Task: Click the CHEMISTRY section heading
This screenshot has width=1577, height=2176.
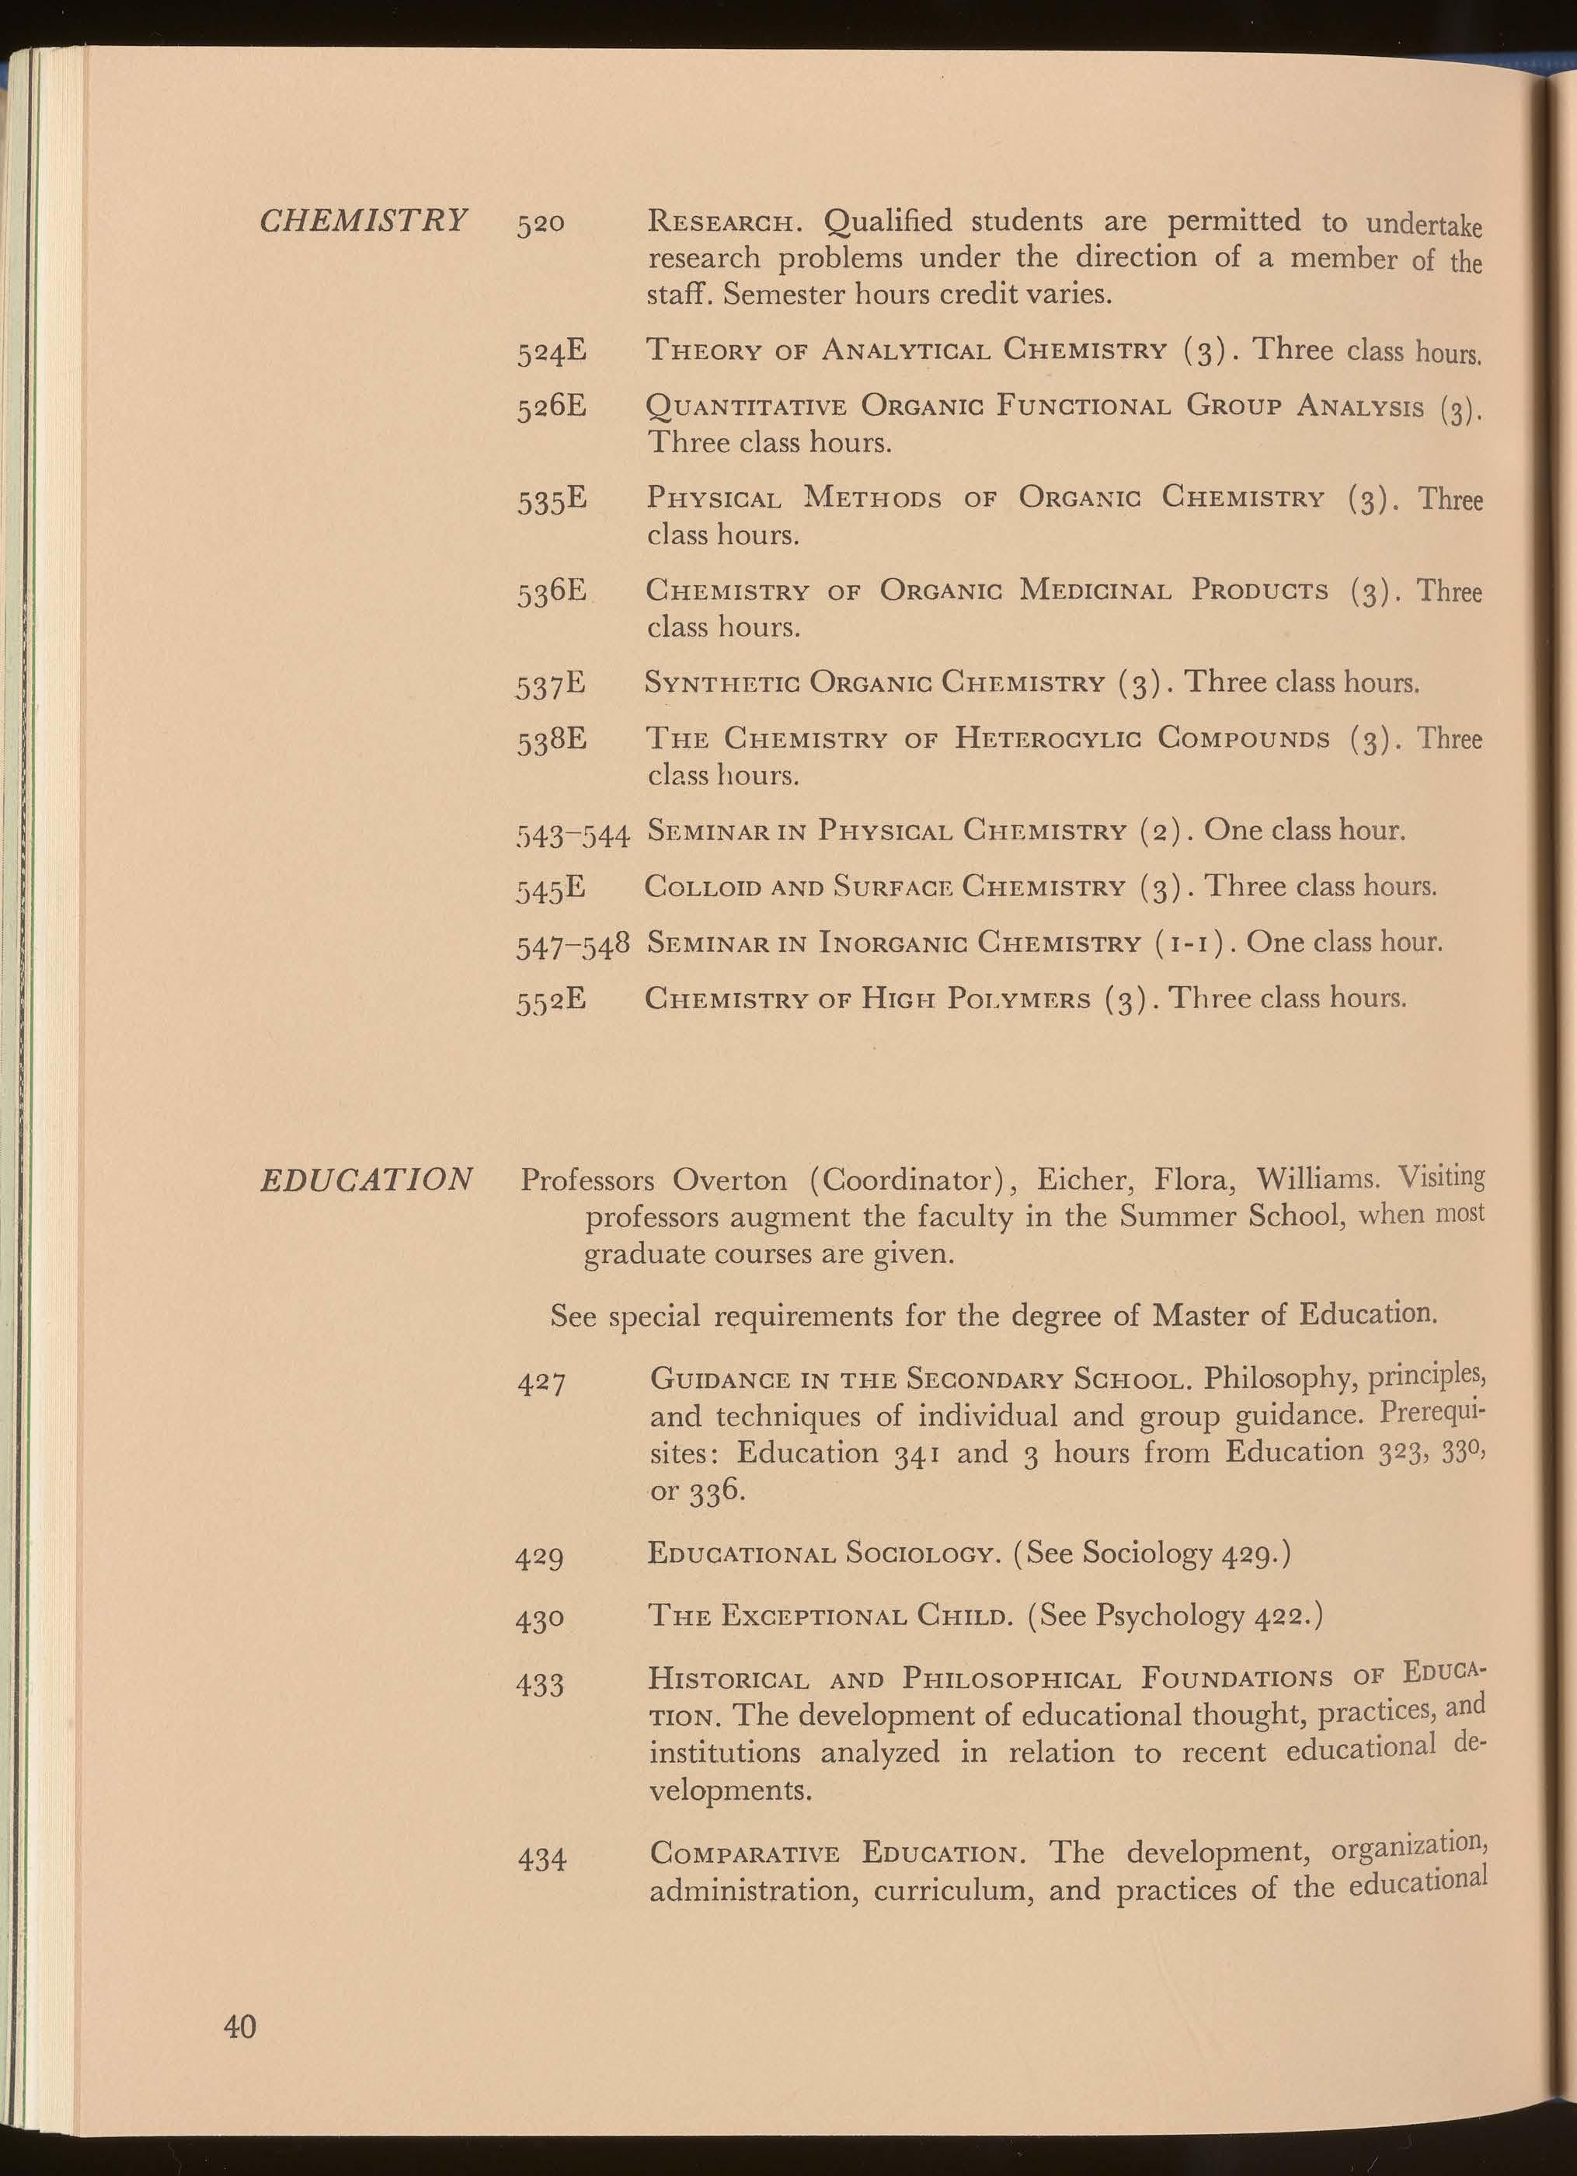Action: (364, 221)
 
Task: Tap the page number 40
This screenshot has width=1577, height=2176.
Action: (240, 2026)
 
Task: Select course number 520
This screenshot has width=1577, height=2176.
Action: (541, 225)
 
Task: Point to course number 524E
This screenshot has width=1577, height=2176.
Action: (552, 351)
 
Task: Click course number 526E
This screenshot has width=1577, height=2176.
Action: (552, 406)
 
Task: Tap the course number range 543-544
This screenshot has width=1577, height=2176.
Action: (573, 834)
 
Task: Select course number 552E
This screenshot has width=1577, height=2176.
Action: (552, 1001)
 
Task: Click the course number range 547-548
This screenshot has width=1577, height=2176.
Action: (573, 945)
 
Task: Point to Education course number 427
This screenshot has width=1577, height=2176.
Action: (541, 1383)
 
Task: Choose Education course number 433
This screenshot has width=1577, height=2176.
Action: (541, 1684)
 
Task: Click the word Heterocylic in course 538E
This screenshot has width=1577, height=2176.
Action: (1046, 739)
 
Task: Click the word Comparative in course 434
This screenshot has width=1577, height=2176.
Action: (744, 1853)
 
